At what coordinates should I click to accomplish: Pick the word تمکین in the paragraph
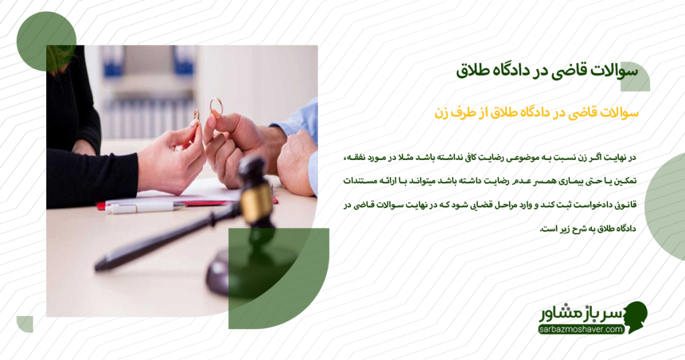[625, 181]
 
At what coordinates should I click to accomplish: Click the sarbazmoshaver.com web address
[580, 329]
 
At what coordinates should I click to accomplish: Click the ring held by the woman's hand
[196, 115]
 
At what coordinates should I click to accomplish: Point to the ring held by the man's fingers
[216, 107]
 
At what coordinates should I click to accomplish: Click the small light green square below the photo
[25, 324]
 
